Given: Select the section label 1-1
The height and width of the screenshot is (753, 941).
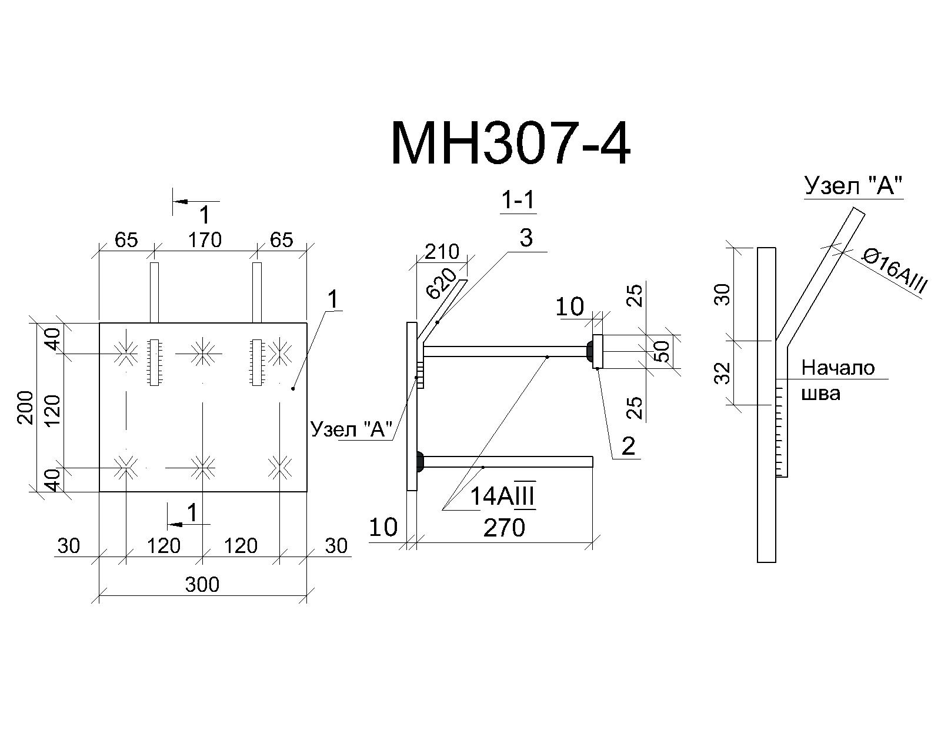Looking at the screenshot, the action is (518, 201).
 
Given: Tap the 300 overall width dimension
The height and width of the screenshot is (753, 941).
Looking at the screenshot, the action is (202, 585).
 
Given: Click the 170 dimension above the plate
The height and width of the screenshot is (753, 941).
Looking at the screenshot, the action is (205, 240).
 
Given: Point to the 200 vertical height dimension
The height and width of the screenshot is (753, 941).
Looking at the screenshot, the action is (26, 407).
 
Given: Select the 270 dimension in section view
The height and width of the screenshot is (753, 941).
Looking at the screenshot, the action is (504, 528).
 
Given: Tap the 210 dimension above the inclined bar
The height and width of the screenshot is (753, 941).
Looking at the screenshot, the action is (442, 252).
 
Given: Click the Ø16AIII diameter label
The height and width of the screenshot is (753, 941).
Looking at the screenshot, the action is (894, 271).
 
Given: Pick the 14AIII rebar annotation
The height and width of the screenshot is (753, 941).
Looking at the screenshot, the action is (502, 496).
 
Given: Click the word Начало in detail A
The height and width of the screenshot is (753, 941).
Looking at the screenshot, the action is (838, 368).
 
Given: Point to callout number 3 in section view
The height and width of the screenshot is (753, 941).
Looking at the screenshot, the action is (526, 238).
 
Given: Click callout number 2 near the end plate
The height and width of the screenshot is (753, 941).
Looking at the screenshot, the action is (628, 447).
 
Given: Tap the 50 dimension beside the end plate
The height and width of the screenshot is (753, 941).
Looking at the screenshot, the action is (663, 351).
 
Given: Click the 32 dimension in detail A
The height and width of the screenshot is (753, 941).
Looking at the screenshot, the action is (725, 373).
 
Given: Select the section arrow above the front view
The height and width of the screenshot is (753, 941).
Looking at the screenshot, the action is (196, 201).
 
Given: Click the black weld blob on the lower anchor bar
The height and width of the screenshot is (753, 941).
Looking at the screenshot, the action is (420, 462).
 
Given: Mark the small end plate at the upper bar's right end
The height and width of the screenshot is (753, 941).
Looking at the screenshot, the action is (598, 351).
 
